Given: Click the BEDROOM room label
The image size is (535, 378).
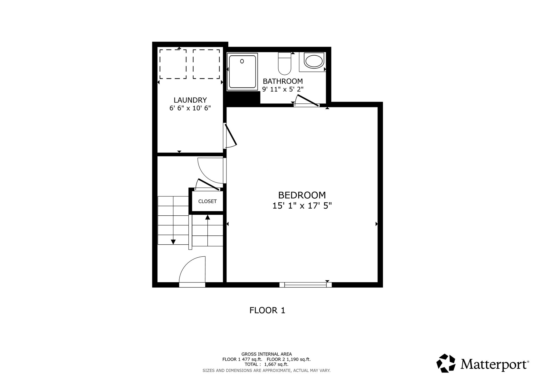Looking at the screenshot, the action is click(302, 195).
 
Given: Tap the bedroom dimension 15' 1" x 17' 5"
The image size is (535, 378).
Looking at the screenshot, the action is click(302, 206).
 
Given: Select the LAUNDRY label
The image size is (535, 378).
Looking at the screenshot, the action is click(190, 100).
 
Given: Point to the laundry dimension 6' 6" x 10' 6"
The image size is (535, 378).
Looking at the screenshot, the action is click(190, 108).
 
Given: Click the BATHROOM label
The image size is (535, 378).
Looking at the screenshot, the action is click(283, 81).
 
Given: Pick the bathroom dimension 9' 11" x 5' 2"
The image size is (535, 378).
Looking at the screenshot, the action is click(283, 89).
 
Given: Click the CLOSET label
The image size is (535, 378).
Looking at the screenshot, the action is click(207, 201).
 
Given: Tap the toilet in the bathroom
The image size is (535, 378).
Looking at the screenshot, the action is click(284, 63).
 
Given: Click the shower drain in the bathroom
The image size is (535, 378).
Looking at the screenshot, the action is click(242, 61).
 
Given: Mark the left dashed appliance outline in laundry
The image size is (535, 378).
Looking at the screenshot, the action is click(173, 64).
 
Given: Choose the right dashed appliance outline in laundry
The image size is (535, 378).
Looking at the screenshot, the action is click(206, 64).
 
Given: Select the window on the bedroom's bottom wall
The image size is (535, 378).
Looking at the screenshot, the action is click(306, 285).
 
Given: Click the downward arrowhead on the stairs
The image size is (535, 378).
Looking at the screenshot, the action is click(173, 242).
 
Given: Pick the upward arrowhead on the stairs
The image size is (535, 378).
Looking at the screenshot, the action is click(208, 217).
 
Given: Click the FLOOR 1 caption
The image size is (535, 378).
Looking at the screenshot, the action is click(267, 310).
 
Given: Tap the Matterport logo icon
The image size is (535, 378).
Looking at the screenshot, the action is click(446, 363).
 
